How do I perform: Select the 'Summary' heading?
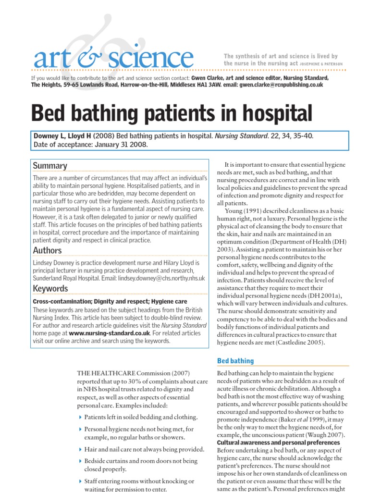pos(49,166)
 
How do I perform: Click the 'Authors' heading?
pos(47,250)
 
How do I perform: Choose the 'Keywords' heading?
pos(50,288)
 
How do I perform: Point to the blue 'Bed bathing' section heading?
pos(235,361)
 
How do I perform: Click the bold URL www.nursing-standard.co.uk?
pos(110,333)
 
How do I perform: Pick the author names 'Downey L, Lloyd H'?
pos(62,136)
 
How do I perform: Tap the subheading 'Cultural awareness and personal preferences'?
pos(278,443)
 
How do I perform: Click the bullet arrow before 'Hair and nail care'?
pos(79,450)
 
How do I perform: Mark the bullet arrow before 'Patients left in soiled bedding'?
pos(79,417)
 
